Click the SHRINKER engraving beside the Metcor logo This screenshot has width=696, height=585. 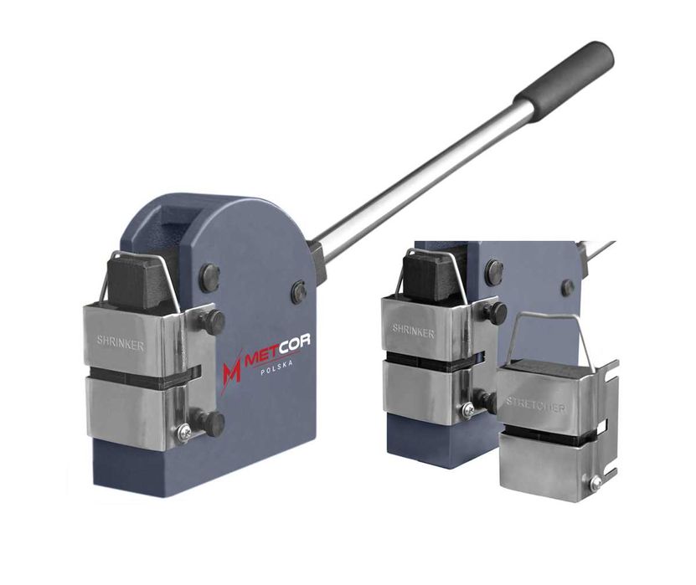121,343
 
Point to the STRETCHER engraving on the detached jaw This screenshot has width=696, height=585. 536,405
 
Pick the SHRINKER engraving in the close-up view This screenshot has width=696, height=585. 413,331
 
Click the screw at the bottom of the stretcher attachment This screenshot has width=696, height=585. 595,483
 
